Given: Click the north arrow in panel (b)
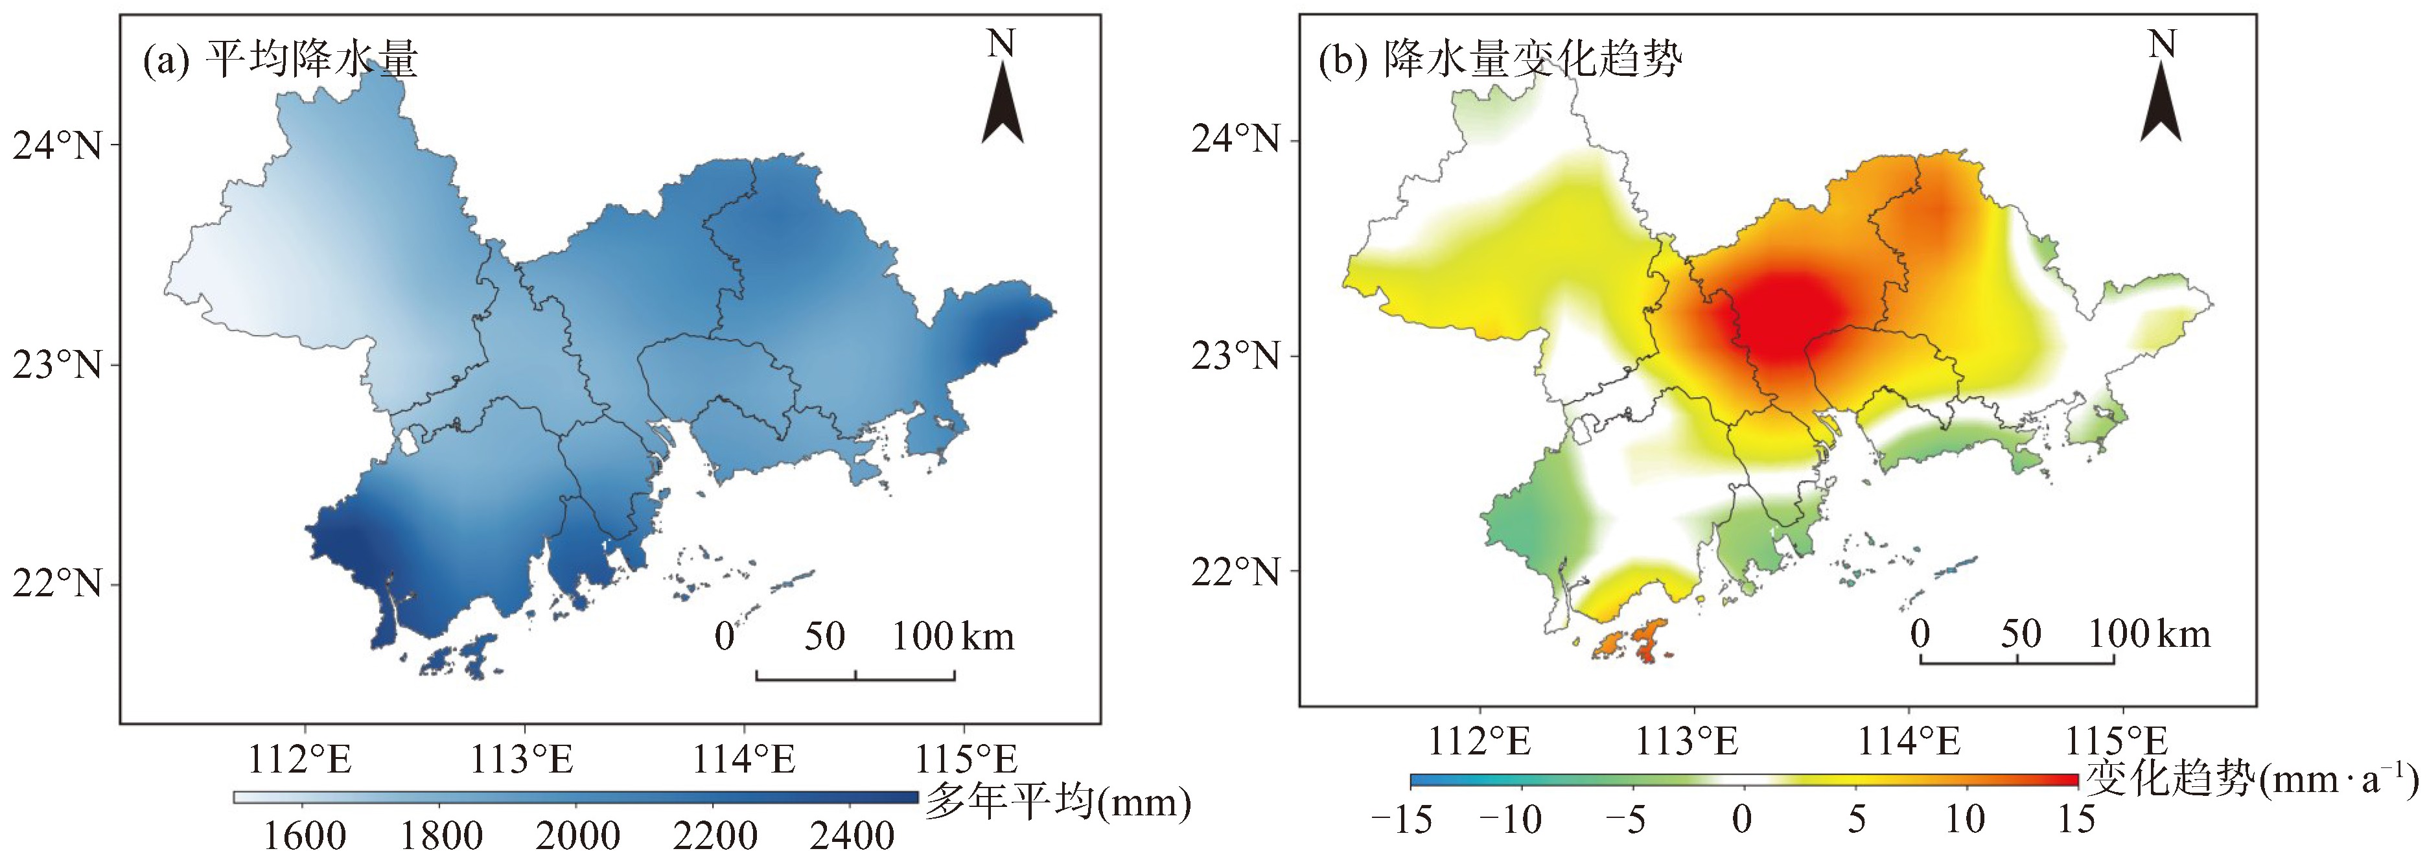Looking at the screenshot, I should (2161, 104).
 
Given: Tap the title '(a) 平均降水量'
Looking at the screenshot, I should (280, 60).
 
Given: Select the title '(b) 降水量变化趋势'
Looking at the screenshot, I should (1499, 60).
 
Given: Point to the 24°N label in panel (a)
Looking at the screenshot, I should (56, 146).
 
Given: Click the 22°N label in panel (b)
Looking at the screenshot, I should (1235, 571).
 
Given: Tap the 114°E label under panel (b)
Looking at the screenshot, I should (1908, 741).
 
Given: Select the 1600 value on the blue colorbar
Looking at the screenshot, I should (303, 835).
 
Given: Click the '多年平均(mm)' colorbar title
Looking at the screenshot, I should (1057, 802).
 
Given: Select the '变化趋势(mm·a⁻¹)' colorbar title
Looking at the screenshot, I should (2251, 779).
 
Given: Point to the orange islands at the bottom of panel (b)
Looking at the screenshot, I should (1632, 643).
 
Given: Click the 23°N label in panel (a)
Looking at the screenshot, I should (56, 365).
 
